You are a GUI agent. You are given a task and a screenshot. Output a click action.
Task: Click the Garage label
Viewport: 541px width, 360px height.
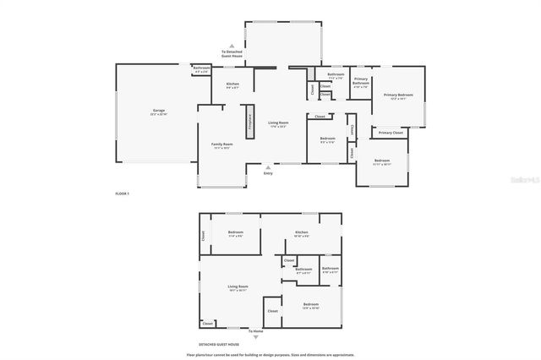pos(158,112)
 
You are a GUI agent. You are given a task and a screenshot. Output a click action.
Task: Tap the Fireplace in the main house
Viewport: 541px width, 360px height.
pos(249,120)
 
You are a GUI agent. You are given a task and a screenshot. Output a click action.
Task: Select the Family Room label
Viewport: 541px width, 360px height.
pos(222,145)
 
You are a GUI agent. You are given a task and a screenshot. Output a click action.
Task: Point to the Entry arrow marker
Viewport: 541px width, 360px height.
pos(268,166)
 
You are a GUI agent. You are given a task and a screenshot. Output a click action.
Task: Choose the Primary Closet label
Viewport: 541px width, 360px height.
pos(391,133)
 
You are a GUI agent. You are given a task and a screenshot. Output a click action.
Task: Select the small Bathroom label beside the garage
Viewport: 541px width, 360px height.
pos(201,68)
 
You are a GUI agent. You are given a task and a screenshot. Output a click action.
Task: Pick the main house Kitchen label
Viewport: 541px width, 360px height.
pos(232,85)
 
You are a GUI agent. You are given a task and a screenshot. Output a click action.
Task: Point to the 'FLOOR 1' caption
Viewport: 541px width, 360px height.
pos(122,194)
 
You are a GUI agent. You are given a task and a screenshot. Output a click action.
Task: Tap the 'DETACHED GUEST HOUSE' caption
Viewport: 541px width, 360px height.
pos(219,345)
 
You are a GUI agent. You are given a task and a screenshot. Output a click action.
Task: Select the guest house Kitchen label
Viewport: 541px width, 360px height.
pos(302,232)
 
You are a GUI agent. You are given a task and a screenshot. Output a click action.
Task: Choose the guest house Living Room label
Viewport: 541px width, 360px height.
pos(238,287)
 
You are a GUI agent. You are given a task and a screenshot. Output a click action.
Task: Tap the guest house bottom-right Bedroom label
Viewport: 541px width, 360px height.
pos(310,304)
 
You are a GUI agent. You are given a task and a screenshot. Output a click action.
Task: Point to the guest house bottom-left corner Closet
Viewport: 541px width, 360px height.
pos(208,323)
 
